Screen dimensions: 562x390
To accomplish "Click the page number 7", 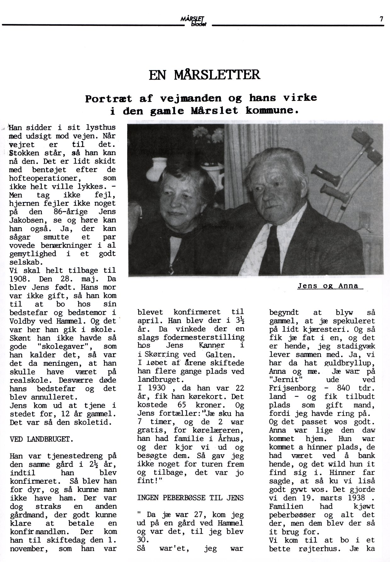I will (381, 19).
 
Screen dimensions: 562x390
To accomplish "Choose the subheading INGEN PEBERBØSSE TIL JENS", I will (190, 498).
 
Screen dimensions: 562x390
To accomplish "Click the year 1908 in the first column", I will (20, 279).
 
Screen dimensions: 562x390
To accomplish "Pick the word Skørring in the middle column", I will (161, 354).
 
